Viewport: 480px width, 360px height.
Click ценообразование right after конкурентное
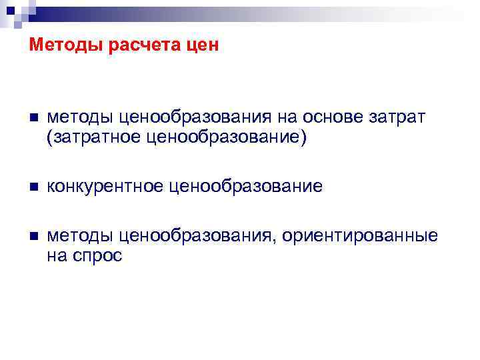[x=246, y=187]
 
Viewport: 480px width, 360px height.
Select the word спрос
[x=98, y=256]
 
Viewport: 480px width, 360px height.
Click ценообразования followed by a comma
[x=198, y=236]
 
